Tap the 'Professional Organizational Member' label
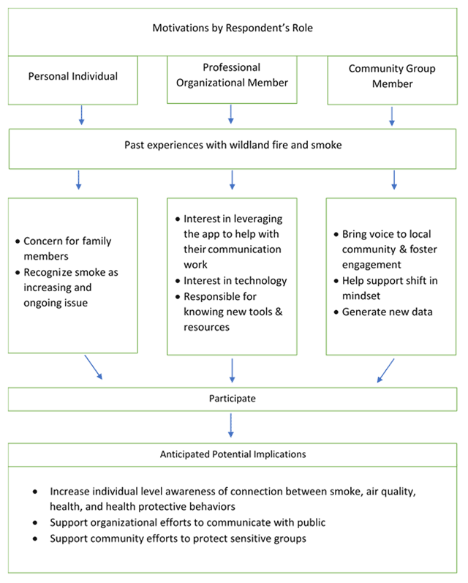tap(231, 75)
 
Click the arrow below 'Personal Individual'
tap(80, 113)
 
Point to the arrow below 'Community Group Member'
tap(392, 115)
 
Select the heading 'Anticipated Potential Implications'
tap(233, 454)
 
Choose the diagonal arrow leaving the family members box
tap(93, 367)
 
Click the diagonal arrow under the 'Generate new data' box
tap(385, 369)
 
